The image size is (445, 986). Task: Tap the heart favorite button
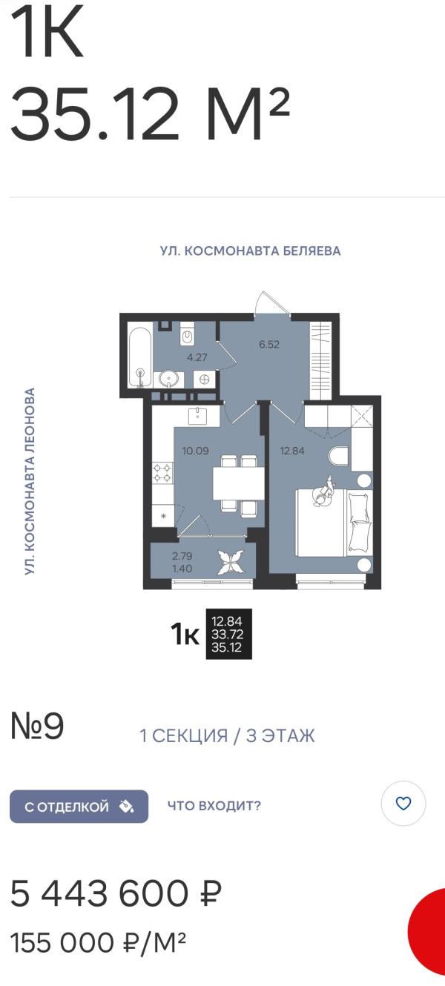coord(403,804)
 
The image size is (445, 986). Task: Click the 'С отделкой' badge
coord(79,807)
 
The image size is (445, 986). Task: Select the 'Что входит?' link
coord(214,806)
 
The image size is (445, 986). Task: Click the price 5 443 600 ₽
coord(116,893)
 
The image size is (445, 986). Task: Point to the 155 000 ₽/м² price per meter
coord(98,942)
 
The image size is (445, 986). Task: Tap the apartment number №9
coord(37,727)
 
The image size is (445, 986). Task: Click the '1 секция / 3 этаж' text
coord(227,735)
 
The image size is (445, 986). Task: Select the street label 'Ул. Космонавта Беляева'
coord(250,251)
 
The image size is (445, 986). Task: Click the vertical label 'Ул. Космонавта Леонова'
coord(30,480)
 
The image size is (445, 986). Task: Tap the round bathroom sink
coord(168,379)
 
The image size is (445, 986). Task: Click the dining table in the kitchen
coord(238,483)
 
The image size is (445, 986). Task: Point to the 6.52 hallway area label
coord(269,344)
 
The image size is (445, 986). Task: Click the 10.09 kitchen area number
coord(196,451)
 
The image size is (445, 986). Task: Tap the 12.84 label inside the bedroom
coord(292,451)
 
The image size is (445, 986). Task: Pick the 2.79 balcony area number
coord(182,556)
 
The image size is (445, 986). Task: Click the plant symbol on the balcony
coord(231,562)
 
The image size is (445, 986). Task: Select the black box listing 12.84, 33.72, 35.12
coord(229,634)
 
